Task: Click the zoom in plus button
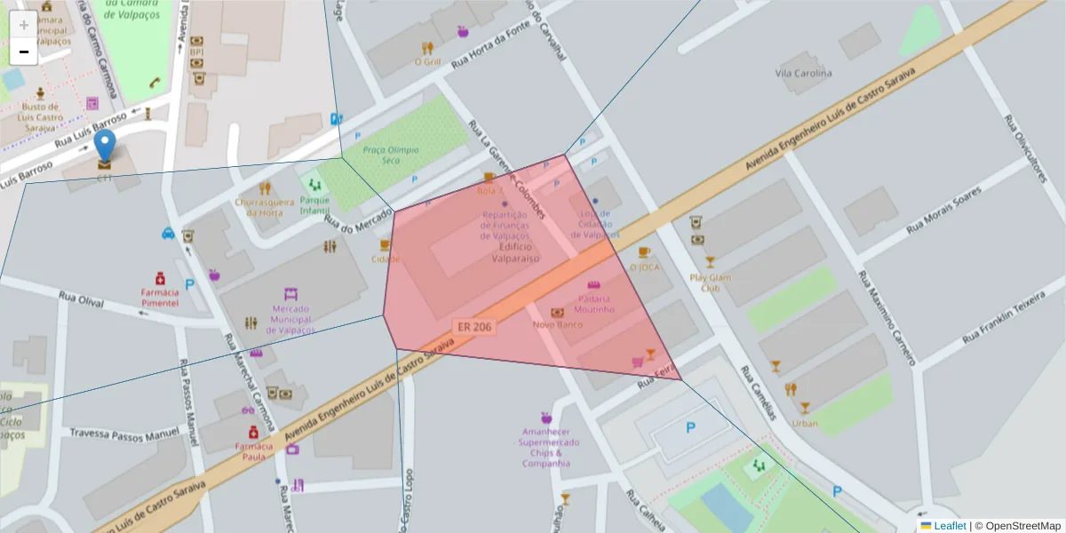pyautogui.click(x=23, y=24)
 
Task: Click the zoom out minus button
pyautogui.click(x=23, y=52)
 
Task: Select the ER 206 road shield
pyautogui.click(x=474, y=327)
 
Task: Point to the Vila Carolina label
pyautogui.click(x=803, y=73)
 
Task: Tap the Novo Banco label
pyautogui.click(x=557, y=324)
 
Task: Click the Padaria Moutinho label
pyautogui.click(x=593, y=304)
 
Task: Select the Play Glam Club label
pyautogui.click(x=710, y=282)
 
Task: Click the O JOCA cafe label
pyautogui.click(x=645, y=266)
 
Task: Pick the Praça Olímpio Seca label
pyautogui.click(x=391, y=155)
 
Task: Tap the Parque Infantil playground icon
pyautogui.click(x=314, y=185)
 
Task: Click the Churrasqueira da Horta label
pyautogui.click(x=265, y=207)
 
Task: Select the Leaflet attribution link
pyautogui.click(x=950, y=526)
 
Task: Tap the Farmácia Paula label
pyautogui.click(x=254, y=451)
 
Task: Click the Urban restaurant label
pyautogui.click(x=804, y=423)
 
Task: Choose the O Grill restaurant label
pyautogui.click(x=427, y=62)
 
